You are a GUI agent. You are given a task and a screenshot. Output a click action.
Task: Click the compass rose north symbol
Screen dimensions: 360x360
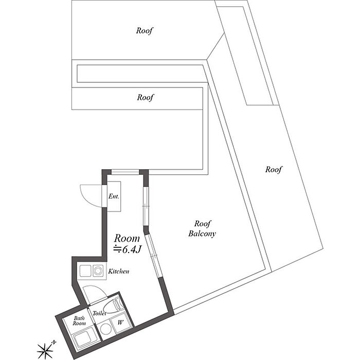point(45,351)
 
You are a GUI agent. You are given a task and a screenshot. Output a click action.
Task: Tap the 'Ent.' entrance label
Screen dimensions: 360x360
point(114,196)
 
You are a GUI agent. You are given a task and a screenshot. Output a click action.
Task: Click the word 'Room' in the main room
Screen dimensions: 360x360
point(127,238)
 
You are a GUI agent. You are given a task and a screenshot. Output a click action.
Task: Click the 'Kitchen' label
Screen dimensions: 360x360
point(118,271)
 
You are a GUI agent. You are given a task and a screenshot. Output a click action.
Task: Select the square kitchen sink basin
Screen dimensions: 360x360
point(84,270)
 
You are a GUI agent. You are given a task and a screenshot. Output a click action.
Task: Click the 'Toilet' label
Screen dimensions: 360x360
point(99,313)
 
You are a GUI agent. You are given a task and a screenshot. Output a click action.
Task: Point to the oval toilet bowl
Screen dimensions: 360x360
point(117,303)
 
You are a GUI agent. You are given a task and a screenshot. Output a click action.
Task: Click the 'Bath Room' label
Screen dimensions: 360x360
point(79,321)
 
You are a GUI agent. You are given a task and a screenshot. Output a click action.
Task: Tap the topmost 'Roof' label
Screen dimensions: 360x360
point(145,30)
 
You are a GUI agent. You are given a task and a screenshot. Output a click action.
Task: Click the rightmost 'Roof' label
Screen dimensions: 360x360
point(274,169)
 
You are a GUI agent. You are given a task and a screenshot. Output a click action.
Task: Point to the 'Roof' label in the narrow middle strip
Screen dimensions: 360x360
point(146,97)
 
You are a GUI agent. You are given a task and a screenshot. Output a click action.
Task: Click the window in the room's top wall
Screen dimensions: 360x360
point(125,172)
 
